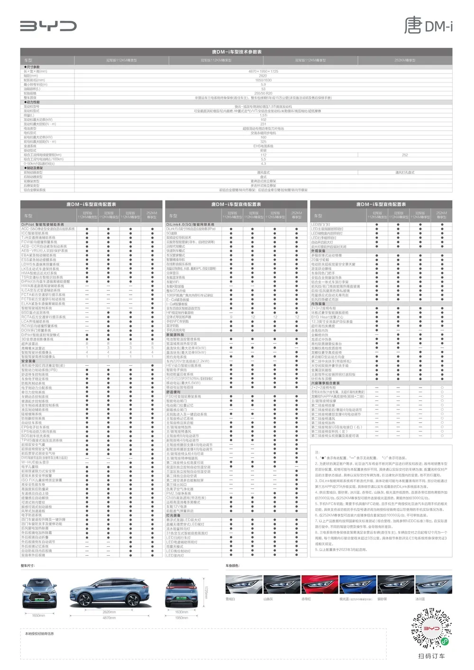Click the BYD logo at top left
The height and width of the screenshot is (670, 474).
point(48,26)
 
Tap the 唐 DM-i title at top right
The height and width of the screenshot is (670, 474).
point(428,25)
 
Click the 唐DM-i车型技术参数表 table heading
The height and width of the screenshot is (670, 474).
point(237,52)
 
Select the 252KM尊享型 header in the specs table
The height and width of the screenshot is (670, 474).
point(404,60)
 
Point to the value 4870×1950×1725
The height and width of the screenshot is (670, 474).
point(263,71)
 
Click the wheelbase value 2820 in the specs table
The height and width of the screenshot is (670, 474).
point(263,76)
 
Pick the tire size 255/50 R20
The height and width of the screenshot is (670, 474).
point(263,93)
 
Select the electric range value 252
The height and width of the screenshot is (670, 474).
point(404,155)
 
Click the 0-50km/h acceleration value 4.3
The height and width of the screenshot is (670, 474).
point(263,163)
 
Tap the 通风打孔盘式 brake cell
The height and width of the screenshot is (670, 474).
point(404,172)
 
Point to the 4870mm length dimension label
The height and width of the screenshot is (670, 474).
point(109,618)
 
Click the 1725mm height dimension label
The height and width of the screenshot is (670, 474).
point(206,592)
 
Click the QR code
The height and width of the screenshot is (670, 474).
point(431,629)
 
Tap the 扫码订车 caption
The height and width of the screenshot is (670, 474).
point(431,656)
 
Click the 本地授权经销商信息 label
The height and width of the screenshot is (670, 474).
point(39,634)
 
